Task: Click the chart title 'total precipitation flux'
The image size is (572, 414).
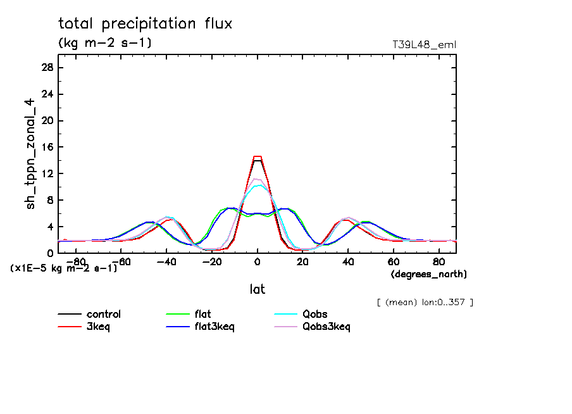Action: (146, 24)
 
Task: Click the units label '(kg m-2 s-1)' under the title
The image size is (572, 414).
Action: (105, 43)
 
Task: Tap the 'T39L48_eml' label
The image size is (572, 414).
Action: (424, 44)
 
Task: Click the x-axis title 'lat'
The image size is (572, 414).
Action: (257, 289)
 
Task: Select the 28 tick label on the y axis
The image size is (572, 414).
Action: (47, 68)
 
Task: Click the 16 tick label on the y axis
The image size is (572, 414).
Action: (47, 147)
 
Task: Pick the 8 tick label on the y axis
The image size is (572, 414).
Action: (50, 200)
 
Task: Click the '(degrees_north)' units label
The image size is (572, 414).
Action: (428, 274)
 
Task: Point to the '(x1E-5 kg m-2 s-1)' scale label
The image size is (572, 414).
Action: (63, 268)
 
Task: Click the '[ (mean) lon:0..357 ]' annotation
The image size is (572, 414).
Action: (425, 302)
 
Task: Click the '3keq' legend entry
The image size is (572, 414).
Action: (99, 327)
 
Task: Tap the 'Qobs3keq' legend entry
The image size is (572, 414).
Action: (326, 327)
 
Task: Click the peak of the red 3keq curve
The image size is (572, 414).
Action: (257, 156)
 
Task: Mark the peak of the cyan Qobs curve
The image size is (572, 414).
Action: (258, 185)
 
